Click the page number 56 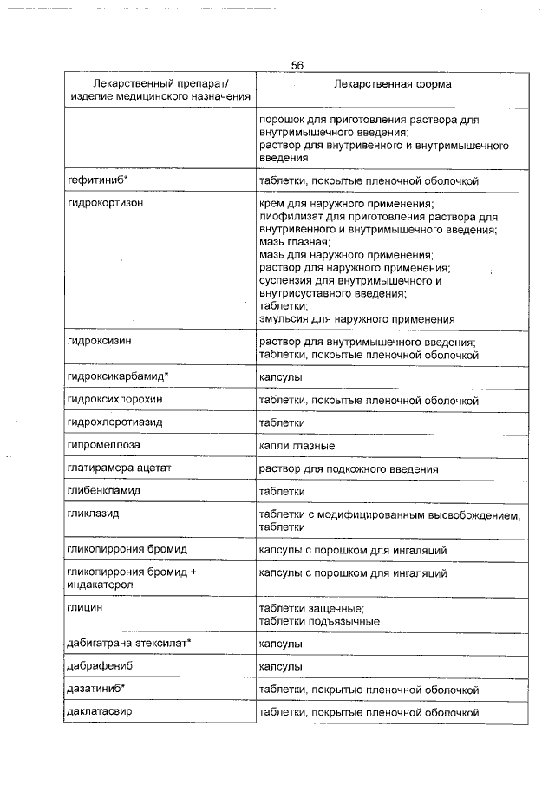(x=297, y=66)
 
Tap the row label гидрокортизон (x=105, y=204)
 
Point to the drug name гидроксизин (x=99, y=343)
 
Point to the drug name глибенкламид (x=103, y=491)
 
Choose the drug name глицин (x=85, y=609)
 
